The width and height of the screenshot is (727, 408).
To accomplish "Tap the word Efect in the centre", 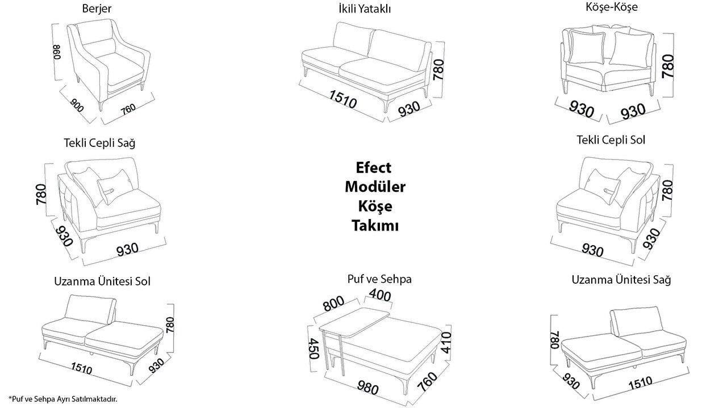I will click(373, 167).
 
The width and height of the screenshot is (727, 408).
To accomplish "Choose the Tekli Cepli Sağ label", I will click(99, 142).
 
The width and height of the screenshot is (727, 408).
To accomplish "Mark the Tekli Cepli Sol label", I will click(611, 140).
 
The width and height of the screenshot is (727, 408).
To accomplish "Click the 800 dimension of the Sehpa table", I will click(334, 304).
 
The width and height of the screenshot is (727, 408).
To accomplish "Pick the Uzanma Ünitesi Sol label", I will click(102, 281).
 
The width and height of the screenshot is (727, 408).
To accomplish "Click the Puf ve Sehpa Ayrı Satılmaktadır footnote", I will click(62, 399).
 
